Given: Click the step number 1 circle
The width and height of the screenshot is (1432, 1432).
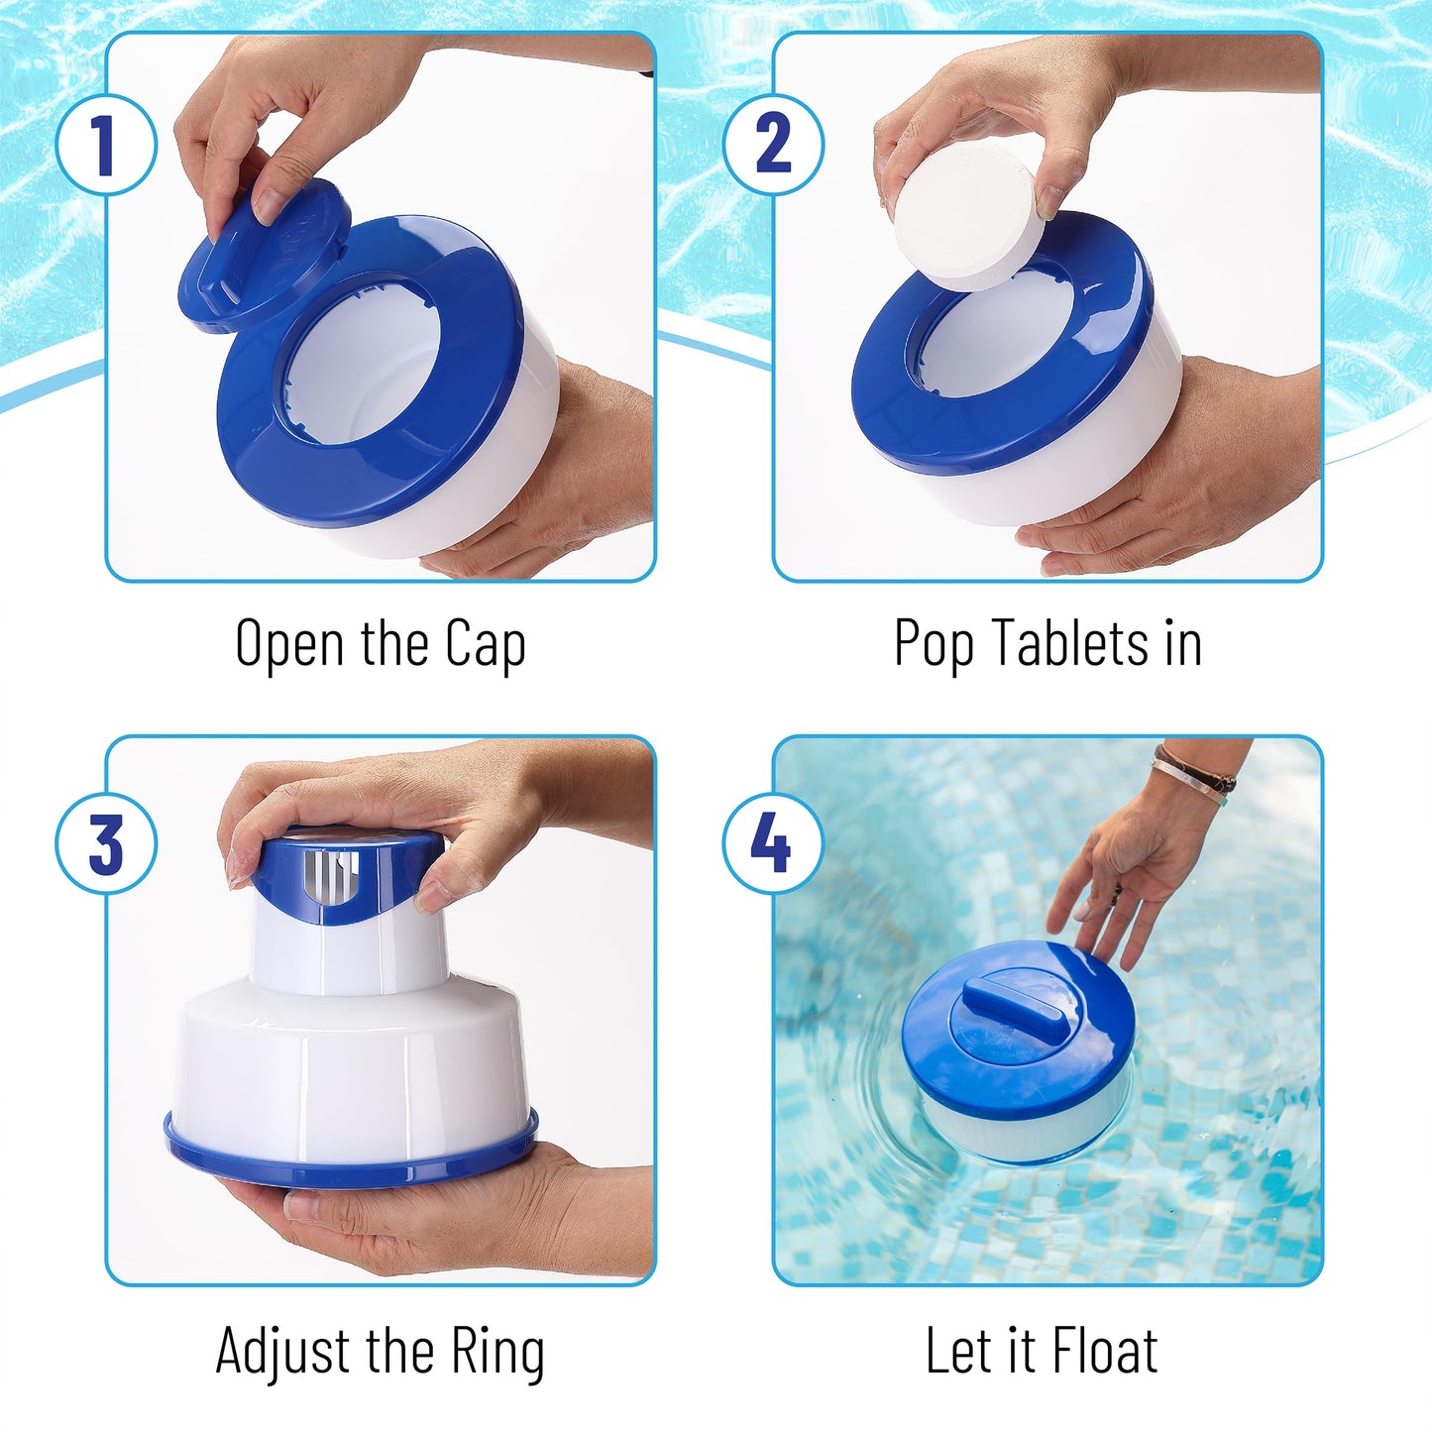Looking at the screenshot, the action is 106,145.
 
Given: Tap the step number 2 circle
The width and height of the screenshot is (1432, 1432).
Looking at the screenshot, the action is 774,145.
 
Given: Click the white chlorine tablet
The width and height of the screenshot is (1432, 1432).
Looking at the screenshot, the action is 964,216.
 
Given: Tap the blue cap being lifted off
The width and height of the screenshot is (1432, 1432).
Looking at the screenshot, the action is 264,254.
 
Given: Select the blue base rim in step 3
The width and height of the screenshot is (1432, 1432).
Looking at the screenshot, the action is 350,1157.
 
